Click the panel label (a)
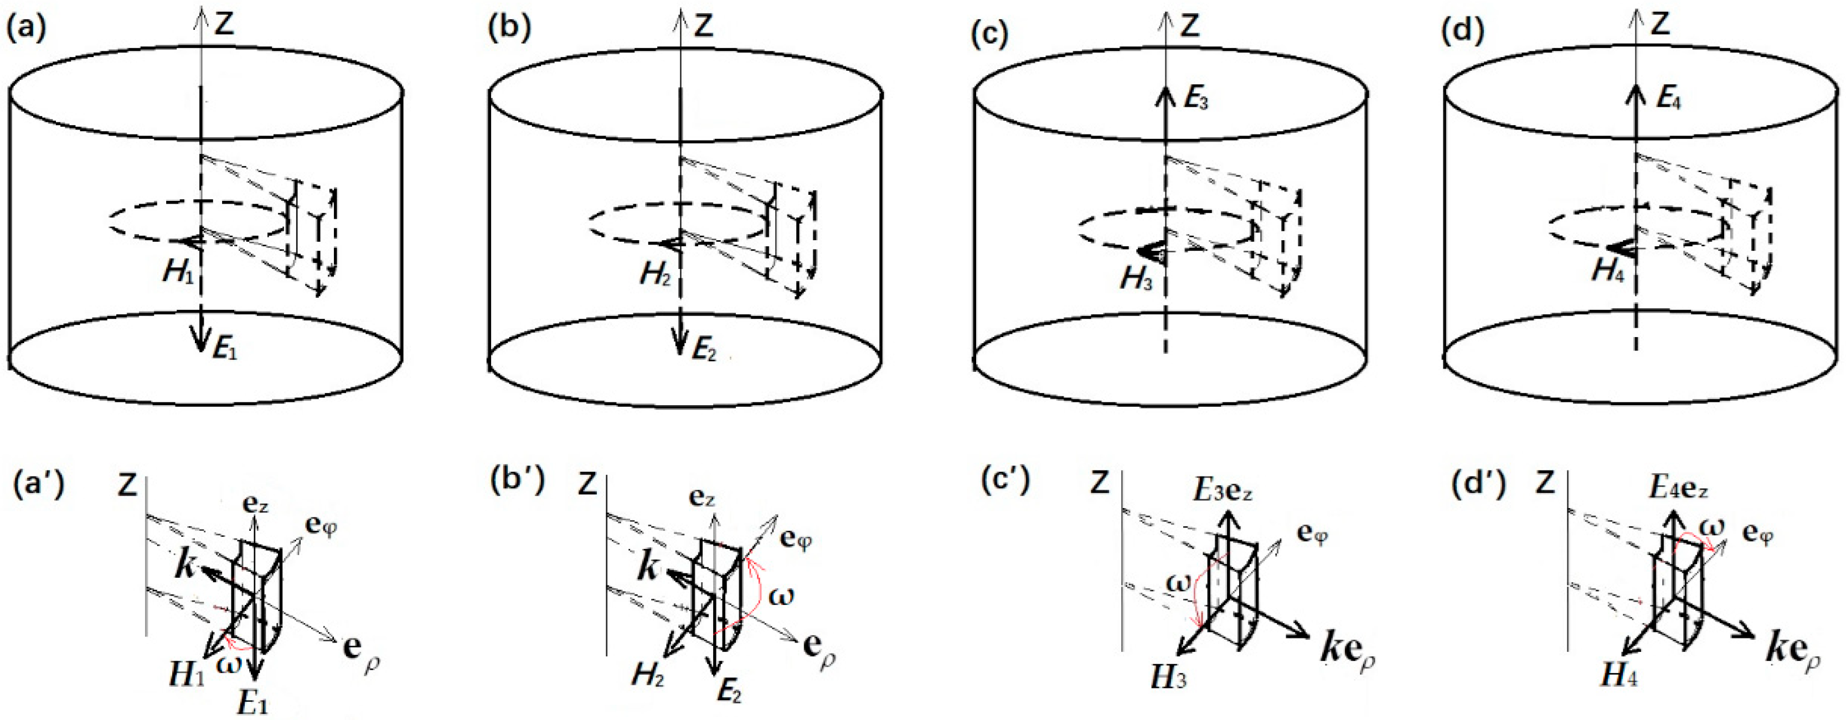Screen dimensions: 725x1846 coord(27,30)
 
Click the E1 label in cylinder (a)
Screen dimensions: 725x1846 coord(224,351)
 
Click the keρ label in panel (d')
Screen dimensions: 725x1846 coord(1792,650)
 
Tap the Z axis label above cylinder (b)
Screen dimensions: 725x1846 coord(704,26)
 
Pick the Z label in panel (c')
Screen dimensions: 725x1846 coord(1099,484)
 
